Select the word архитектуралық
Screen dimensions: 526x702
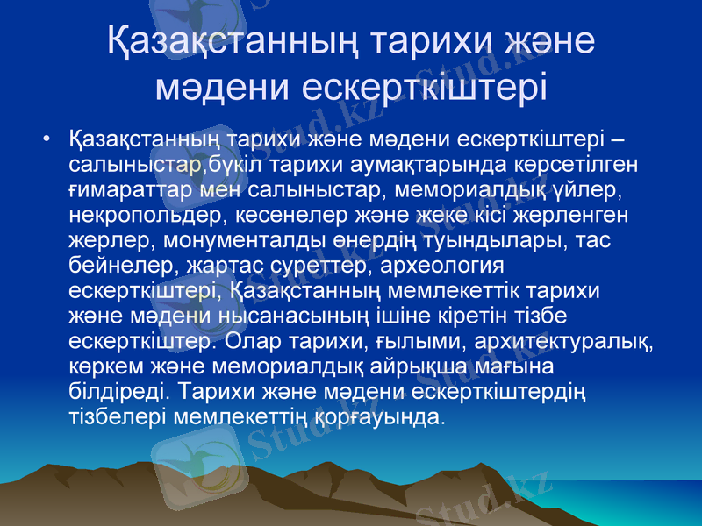(x=545, y=338)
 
